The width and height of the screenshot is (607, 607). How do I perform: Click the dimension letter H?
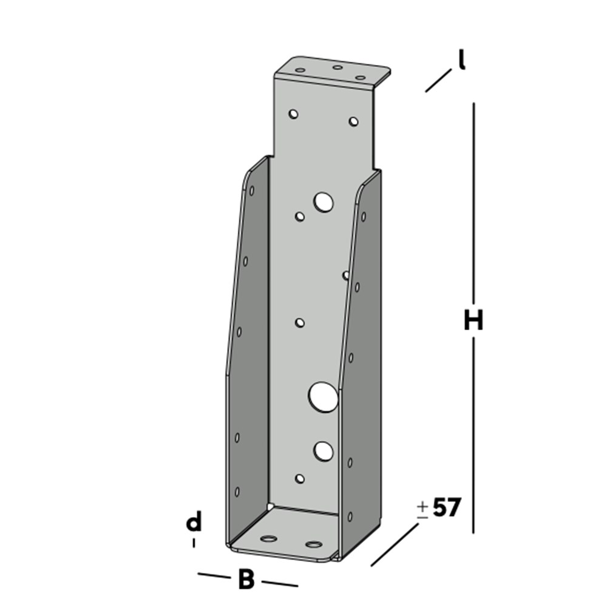tap(473, 320)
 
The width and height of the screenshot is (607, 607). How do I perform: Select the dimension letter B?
tap(246, 580)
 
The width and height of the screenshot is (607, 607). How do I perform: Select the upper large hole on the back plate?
tap(324, 202)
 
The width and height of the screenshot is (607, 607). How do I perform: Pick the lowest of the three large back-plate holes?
tap(324, 450)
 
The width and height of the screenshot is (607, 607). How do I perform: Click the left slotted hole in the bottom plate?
tap(268, 538)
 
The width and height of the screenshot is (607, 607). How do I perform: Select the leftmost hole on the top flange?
tap(300, 70)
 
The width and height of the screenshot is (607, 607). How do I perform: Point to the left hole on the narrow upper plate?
tap(294, 114)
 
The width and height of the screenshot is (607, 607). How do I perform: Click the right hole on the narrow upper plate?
tap(353, 121)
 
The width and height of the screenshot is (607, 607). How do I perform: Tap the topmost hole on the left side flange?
tap(251, 191)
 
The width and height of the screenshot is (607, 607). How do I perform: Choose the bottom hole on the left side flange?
tap(237, 491)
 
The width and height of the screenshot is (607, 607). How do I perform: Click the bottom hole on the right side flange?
tap(350, 517)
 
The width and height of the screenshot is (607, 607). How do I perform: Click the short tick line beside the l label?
tap(438, 81)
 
